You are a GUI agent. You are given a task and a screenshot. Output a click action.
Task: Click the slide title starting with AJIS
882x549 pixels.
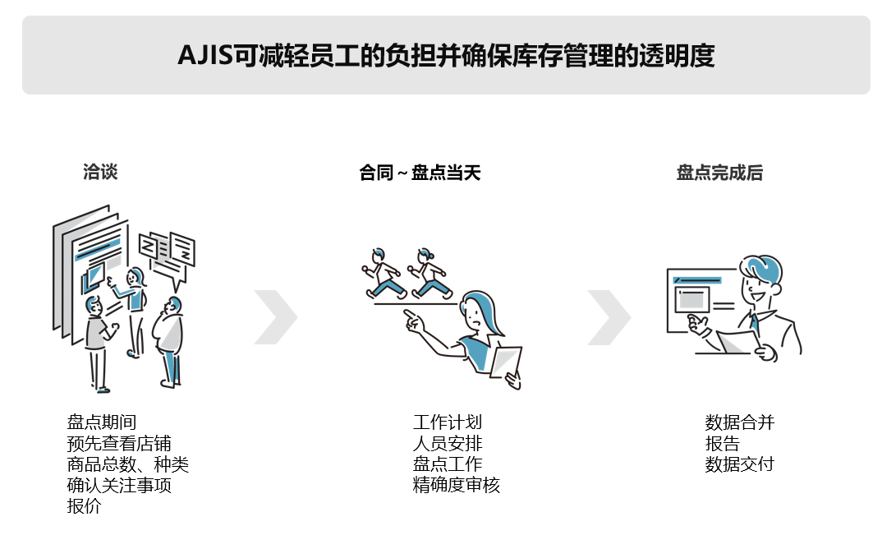(446, 55)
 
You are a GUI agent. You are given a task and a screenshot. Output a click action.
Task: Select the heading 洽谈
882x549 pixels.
(100, 172)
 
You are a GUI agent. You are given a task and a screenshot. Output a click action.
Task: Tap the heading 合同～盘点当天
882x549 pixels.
(420, 173)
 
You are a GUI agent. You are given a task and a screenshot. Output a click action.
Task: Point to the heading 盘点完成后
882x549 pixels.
(719, 173)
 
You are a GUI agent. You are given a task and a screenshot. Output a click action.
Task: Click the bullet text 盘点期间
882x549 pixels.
(102, 422)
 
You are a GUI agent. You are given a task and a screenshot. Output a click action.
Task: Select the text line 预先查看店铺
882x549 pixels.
(119, 443)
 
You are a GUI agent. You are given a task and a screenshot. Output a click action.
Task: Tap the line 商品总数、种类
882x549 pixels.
(127, 464)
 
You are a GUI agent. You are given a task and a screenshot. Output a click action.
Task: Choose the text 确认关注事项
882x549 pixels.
(119, 485)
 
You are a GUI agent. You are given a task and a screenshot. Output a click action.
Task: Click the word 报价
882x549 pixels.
(85, 505)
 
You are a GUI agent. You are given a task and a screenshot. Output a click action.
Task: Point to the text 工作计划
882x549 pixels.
(448, 422)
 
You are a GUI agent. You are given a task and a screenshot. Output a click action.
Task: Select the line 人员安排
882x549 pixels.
(448, 443)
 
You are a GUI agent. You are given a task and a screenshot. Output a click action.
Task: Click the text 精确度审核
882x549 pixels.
(456, 485)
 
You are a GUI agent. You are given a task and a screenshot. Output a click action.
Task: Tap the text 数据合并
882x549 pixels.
(740, 422)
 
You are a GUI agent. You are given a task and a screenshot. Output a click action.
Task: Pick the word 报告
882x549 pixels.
(722, 443)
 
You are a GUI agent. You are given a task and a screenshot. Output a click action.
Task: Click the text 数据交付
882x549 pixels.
(740, 464)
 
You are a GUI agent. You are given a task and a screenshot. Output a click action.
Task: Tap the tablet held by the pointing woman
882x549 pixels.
(505, 362)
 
